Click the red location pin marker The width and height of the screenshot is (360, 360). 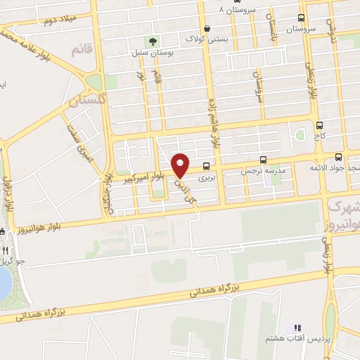tap(181, 165)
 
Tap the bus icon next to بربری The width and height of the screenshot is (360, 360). tap(206, 167)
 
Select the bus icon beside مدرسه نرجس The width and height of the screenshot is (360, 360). tap(264, 160)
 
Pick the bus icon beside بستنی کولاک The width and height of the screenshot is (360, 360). tap(206, 28)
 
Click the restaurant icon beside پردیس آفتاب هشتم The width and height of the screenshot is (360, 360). tap(297, 328)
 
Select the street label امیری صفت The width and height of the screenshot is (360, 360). tap(79, 141)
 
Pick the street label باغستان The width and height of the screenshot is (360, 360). tap(271, 28)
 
